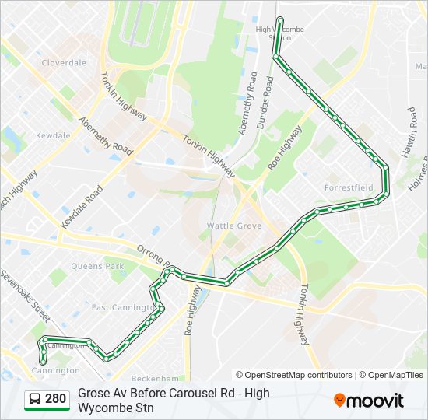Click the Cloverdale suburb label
(x=64, y=63)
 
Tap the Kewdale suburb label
(x=53, y=135)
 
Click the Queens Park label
(x=97, y=266)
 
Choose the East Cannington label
(x=121, y=307)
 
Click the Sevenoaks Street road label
(x=25, y=296)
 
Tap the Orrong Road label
(x=153, y=259)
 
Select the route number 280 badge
(x=54, y=400)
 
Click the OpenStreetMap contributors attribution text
(x=294, y=375)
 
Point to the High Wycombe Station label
(x=280, y=33)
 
